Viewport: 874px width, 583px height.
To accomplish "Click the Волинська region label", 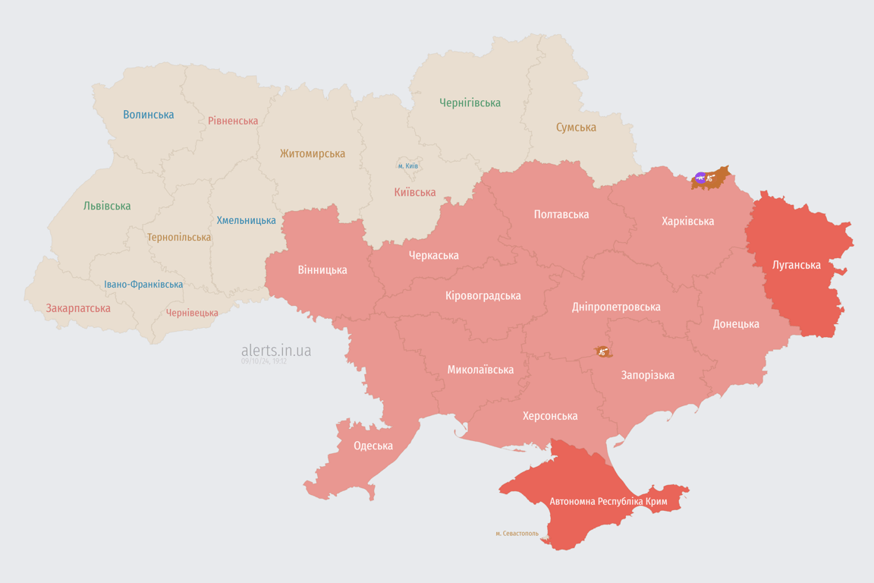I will point(149,115).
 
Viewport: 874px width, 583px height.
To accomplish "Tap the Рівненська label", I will point(233,121).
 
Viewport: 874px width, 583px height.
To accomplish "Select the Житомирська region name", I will point(312,153).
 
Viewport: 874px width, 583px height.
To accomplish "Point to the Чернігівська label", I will point(470,102).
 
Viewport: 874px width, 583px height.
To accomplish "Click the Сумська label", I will point(576,128).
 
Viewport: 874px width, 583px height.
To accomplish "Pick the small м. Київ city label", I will point(408,165).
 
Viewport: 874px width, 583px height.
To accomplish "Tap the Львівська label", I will point(107,206).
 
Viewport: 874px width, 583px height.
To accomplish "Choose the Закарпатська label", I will point(78,308).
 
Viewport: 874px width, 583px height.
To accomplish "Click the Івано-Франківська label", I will point(143,285).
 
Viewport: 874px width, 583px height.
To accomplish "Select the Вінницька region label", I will point(322,269).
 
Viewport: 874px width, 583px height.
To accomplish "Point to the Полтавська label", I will point(561,214).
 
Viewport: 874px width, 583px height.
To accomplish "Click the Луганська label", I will point(797,265).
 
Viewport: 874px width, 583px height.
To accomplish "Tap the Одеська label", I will point(373,446).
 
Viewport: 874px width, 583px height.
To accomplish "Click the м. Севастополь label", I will point(517,534).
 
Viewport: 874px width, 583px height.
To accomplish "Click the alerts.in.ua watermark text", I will point(276,351).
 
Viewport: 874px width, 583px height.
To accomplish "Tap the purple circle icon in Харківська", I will point(700,178).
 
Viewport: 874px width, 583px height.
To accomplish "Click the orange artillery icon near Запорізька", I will point(602,351).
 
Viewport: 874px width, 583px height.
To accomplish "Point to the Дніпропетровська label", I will point(616,307).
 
